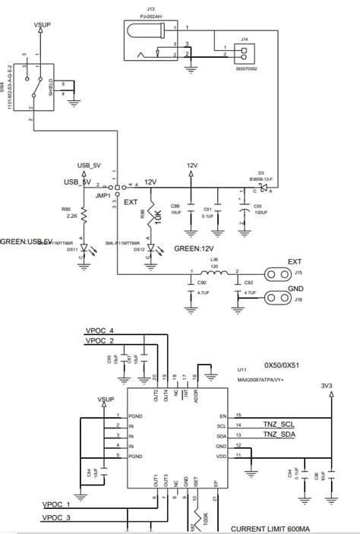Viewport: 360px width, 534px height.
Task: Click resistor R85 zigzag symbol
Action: pyautogui.click(x=84, y=216)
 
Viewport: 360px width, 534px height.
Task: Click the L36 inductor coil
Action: pyautogui.click(x=214, y=273)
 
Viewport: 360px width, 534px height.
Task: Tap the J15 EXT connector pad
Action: pyautogui.click(x=276, y=273)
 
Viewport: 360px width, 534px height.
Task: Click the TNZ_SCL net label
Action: pyautogui.click(x=279, y=423)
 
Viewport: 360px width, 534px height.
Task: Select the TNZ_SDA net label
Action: pyautogui.click(x=279, y=434)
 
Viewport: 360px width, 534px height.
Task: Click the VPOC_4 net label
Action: pyautogui.click(x=99, y=331)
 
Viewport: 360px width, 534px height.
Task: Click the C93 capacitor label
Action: pyautogui.click(x=257, y=205)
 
